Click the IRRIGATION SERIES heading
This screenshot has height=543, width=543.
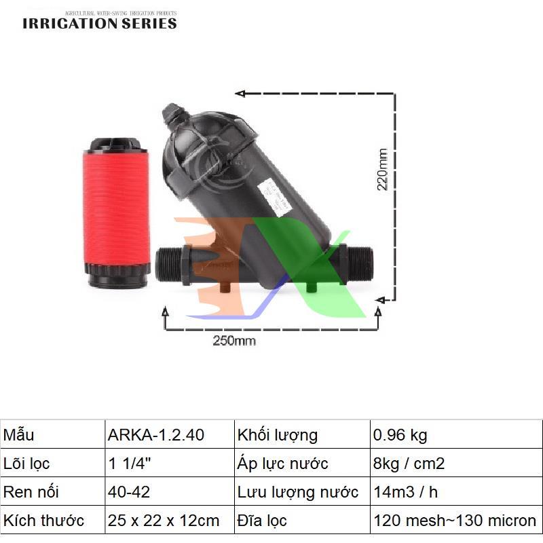tap(100, 23)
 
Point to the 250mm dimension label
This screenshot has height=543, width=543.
tap(235, 340)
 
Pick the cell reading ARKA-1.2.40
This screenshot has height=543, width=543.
tap(156, 435)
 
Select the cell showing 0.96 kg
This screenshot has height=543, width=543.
tap(400, 435)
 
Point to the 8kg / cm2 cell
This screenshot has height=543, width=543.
tap(409, 464)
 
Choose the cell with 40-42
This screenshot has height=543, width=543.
tap(128, 493)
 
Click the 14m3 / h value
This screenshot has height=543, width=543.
tap(406, 493)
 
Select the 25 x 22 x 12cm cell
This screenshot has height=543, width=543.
tap(164, 521)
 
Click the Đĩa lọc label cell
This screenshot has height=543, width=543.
tap(263, 521)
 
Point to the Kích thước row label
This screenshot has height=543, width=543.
tap(44, 521)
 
